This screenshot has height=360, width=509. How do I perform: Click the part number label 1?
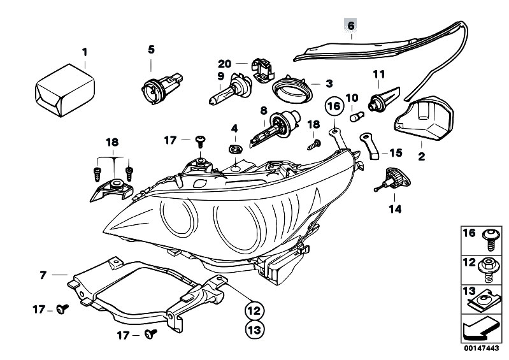click(x=84, y=52)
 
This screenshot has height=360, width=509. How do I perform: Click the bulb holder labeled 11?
click(x=380, y=99)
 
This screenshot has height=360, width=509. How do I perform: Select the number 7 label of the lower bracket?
click(x=43, y=275)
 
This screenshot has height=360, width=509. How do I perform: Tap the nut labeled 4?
click(x=234, y=149)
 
